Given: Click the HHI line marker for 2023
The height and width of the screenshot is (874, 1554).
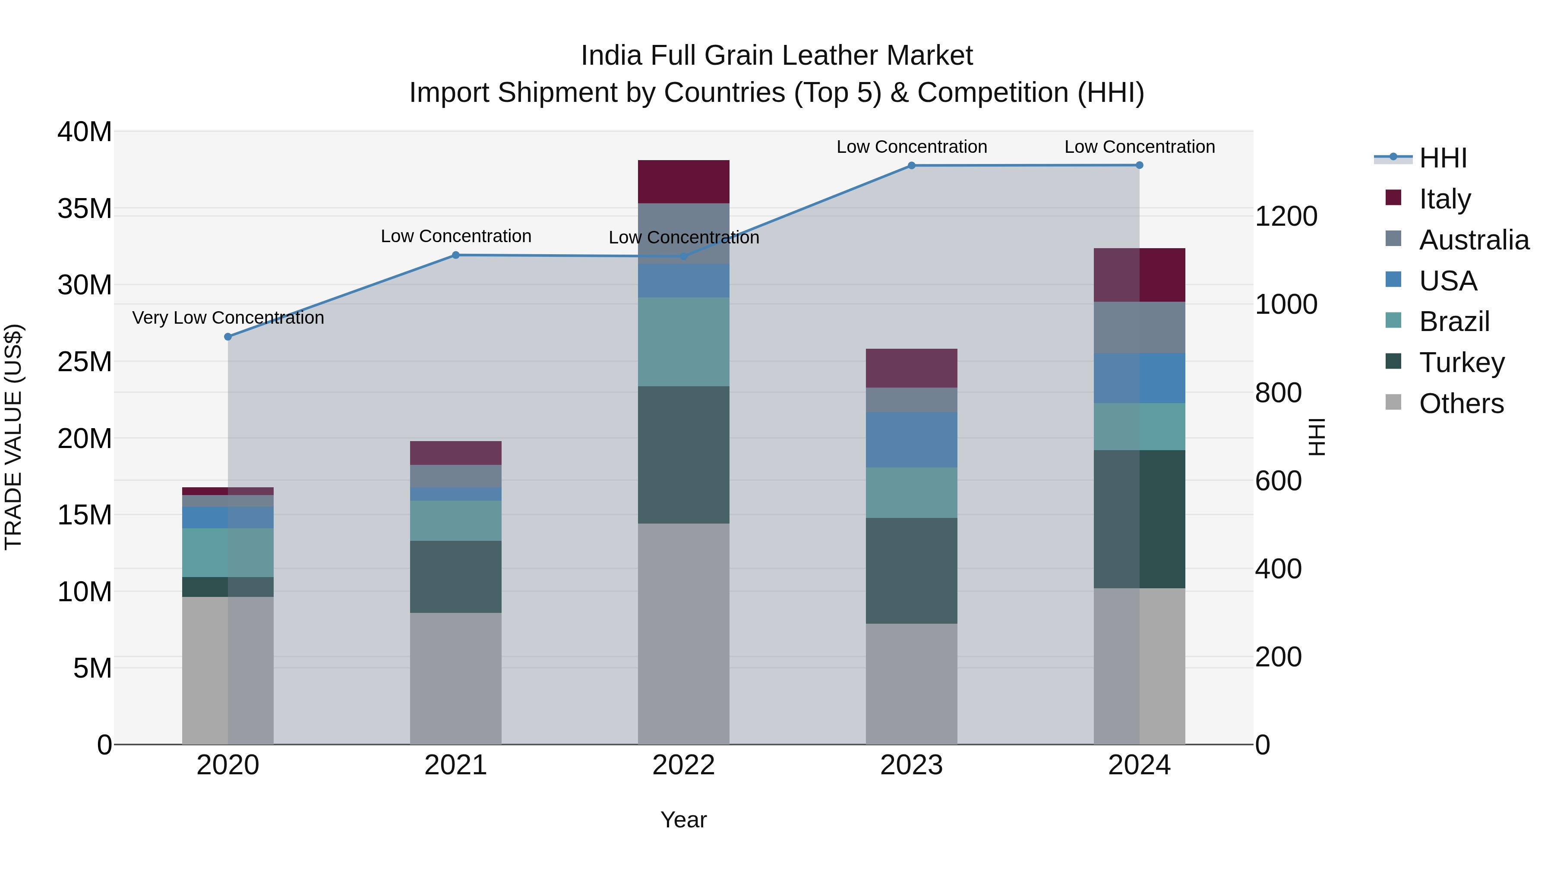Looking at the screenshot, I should [x=912, y=165].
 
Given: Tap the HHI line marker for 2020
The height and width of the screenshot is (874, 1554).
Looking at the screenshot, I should [x=228, y=337].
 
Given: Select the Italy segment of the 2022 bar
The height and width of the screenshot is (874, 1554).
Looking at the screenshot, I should [x=683, y=182].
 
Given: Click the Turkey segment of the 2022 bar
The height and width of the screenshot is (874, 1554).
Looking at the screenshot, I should [x=683, y=455].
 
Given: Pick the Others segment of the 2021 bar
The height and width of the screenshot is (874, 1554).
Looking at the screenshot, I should [x=455, y=678].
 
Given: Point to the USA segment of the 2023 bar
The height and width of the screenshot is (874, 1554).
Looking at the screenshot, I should [x=912, y=440].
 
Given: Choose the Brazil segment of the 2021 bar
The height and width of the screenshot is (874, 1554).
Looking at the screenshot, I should [x=455, y=521].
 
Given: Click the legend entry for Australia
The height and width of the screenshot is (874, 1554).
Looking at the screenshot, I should [x=1474, y=240].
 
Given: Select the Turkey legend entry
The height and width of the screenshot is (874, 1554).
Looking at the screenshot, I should [x=1462, y=363].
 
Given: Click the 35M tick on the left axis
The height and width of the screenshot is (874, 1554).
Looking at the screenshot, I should [x=85, y=209].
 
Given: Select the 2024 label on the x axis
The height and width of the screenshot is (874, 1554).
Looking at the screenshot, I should [x=1139, y=765].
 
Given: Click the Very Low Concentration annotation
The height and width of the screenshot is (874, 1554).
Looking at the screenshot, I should [x=228, y=317].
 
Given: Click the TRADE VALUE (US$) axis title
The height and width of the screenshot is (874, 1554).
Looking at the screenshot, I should [x=13, y=437].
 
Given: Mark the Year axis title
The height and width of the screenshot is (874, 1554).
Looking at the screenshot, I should [x=683, y=820].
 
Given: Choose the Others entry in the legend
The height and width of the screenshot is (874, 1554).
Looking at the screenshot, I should [x=1461, y=404].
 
